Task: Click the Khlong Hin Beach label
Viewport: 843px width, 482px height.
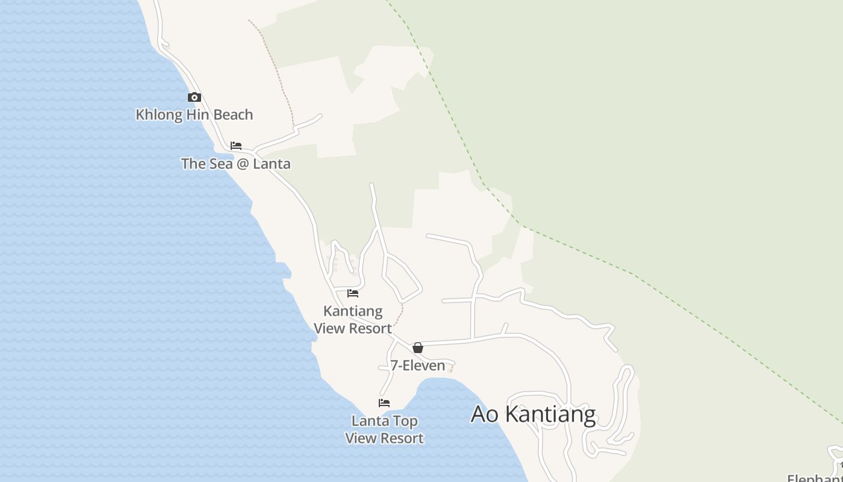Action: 194,114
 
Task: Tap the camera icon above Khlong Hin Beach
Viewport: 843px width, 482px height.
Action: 194,97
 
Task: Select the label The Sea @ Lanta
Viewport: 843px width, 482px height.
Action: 235,163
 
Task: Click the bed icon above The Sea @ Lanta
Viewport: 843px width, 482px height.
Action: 236,146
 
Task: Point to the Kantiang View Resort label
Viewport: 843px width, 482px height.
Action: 353,319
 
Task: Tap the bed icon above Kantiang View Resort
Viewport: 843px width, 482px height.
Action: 353,293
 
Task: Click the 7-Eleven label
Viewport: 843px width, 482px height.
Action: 417,365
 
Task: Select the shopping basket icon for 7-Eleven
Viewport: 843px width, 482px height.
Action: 418,348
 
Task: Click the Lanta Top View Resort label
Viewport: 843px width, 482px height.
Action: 384,430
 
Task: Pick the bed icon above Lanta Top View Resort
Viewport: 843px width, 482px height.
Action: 384,403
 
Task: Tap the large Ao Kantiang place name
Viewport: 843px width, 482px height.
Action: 533,415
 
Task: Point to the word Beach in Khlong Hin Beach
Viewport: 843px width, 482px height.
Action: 233,114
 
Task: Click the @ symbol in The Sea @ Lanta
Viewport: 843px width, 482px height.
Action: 242,164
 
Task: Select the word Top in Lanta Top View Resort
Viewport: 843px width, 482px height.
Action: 406,421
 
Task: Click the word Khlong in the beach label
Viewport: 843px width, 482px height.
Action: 157,114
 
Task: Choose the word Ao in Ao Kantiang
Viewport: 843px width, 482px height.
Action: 484,415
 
